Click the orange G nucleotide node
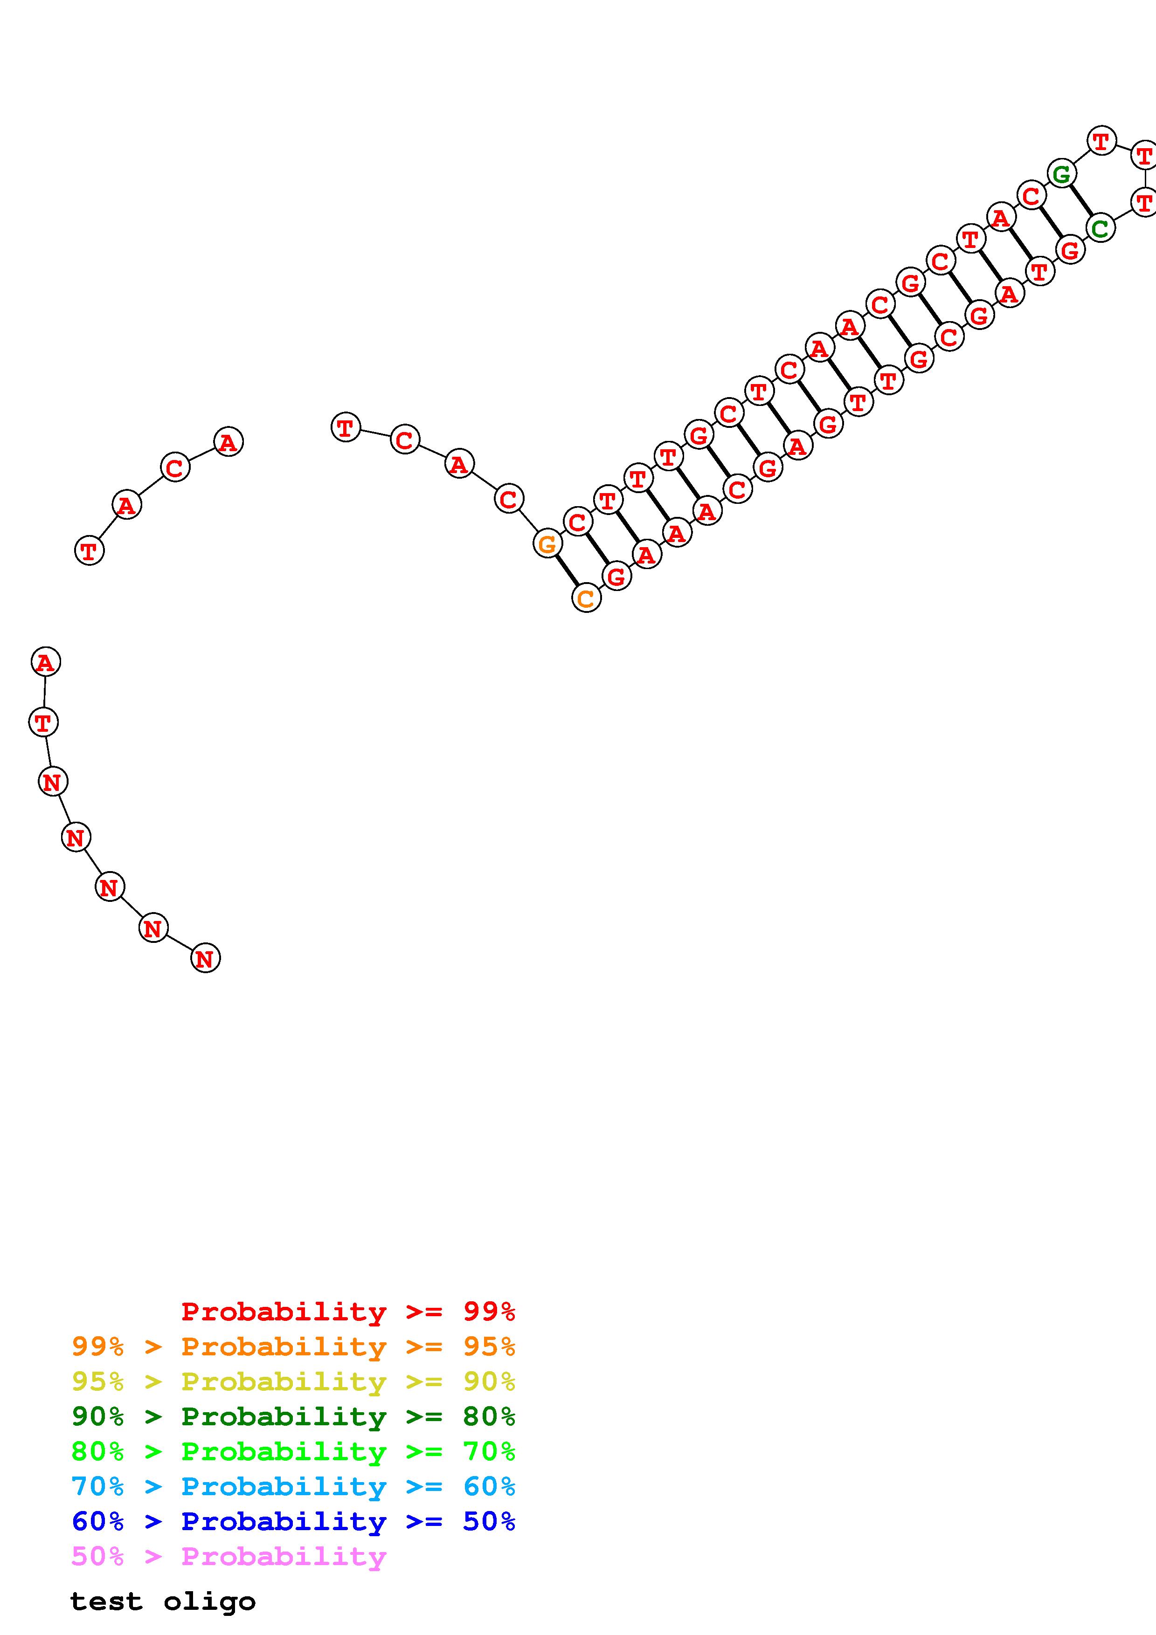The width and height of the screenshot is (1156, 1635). pyautogui.click(x=547, y=544)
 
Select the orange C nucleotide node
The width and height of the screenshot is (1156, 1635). pyautogui.click(x=586, y=598)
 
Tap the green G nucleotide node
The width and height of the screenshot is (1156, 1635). pyautogui.click(x=1062, y=173)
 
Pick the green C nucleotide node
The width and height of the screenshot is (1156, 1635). pyautogui.click(x=1101, y=228)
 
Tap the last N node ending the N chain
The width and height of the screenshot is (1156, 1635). pyautogui.click(x=206, y=959)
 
